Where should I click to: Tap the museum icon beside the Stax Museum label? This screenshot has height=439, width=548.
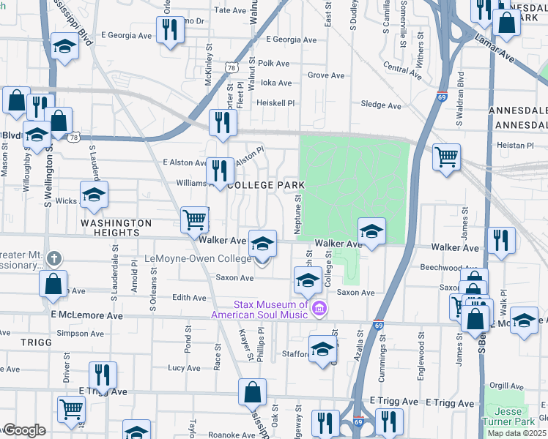[x=319, y=309]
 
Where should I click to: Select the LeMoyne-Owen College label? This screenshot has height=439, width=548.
[x=198, y=258]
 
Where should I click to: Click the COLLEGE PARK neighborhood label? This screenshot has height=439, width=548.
[x=261, y=185]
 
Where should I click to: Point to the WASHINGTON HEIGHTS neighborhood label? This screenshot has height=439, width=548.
[x=116, y=228]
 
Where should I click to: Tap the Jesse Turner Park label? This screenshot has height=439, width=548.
[x=508, y=416]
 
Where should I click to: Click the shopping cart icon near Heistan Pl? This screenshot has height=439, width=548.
[x=446, y=156]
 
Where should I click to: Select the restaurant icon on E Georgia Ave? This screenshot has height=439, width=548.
[x=169, y=30]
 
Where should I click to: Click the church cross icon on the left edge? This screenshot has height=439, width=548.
[x=53, y=258]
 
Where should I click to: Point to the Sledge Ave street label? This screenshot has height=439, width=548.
[x=381, y=105]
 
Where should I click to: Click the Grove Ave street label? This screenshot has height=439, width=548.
[x=326, y=75]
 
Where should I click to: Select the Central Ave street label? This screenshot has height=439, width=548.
[x=402, y=70]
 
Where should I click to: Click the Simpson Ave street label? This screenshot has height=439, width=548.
[x=81, y=333]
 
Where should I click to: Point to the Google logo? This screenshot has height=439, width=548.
[x=24, y=430]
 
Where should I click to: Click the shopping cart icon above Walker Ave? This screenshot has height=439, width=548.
[x=194, y=219]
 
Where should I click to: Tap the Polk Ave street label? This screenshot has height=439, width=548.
[x=275, y=64]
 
